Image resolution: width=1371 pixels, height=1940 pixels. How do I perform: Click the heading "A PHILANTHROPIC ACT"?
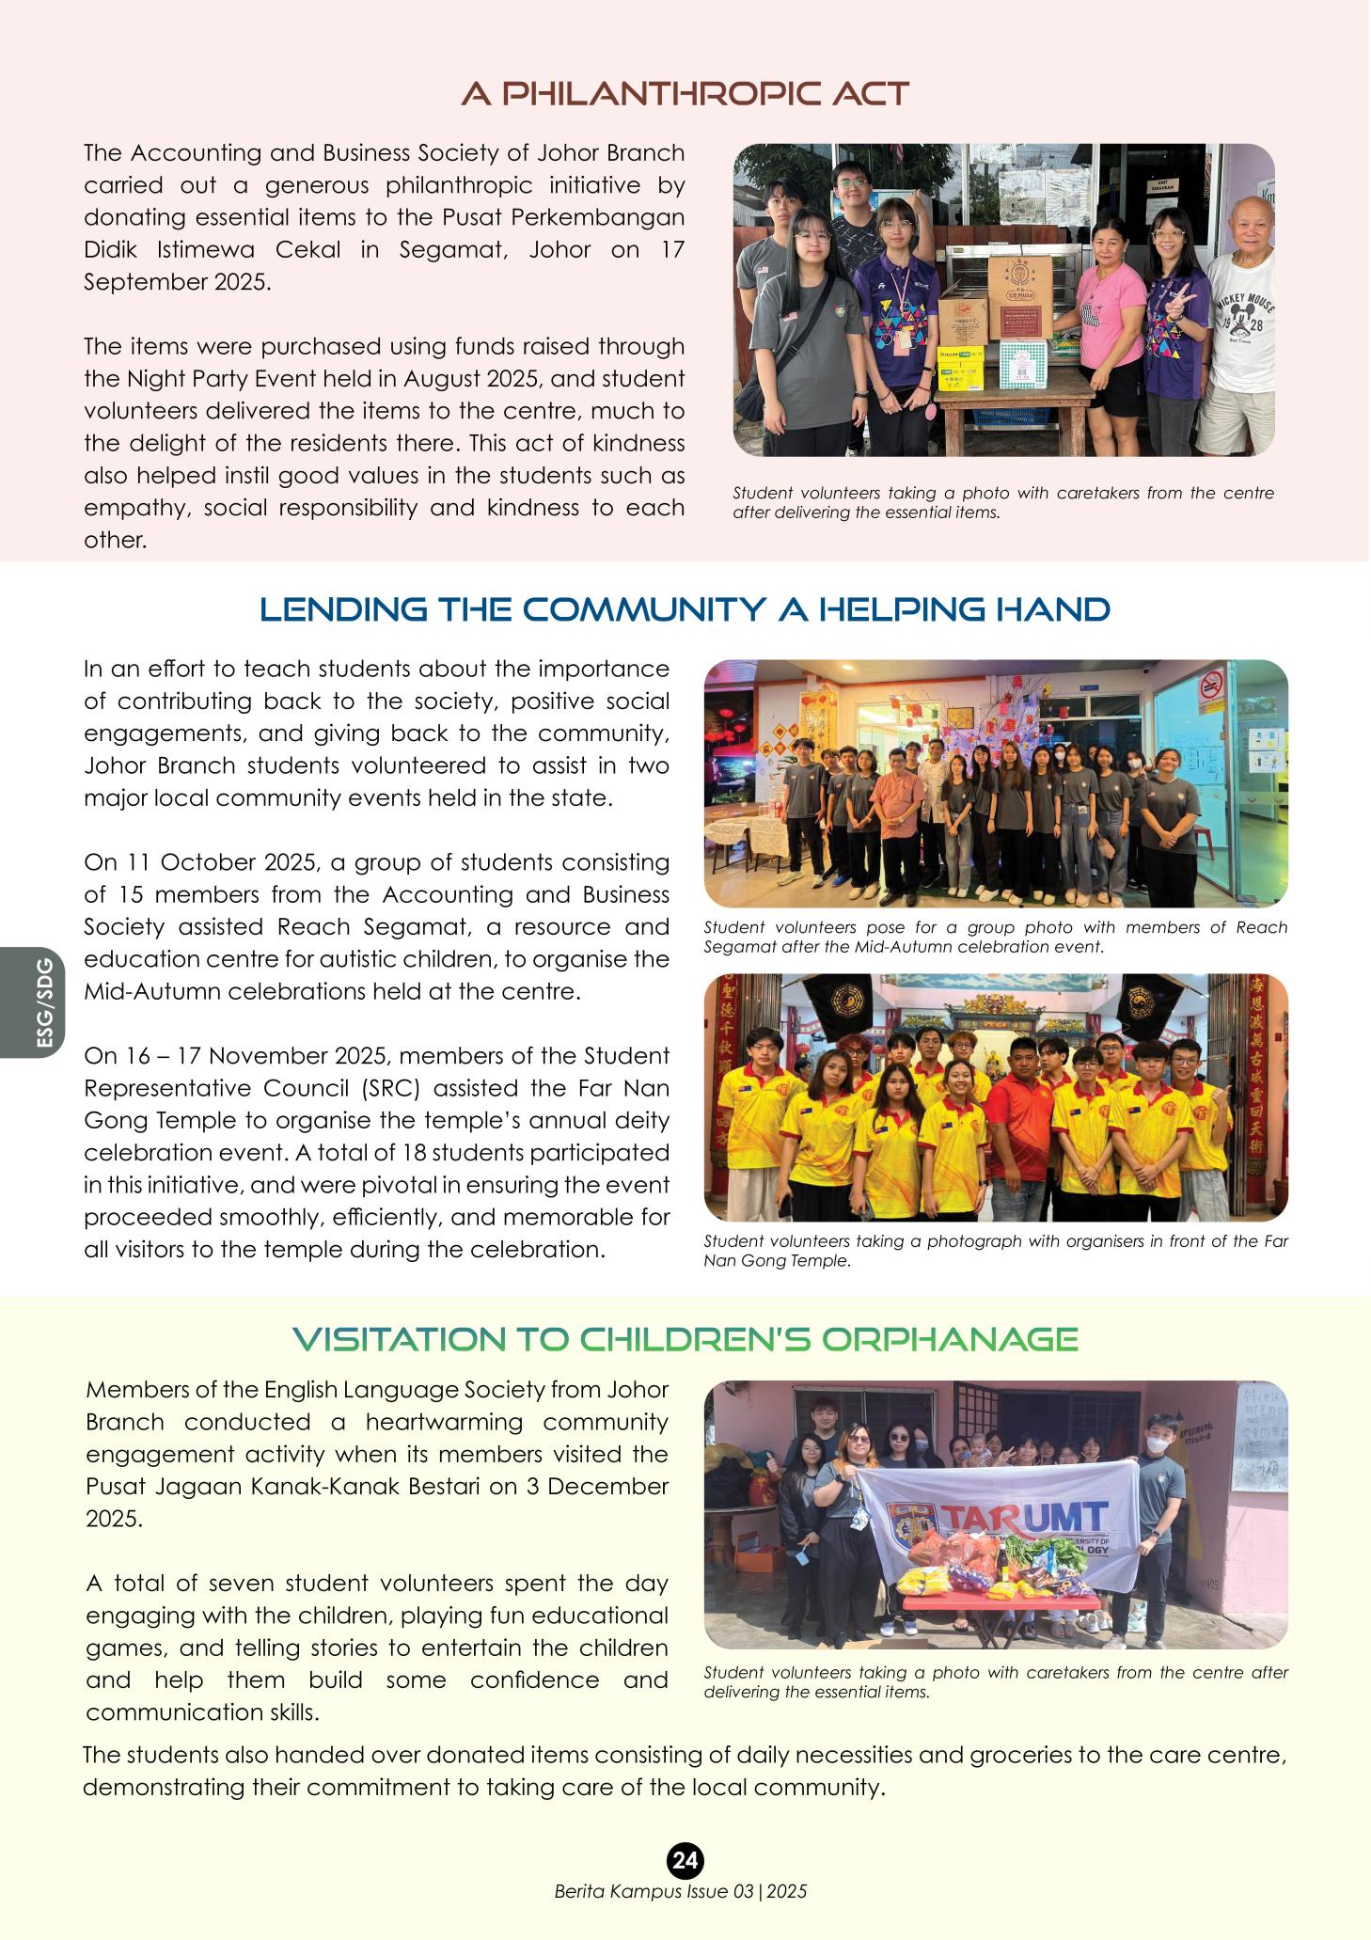click(685, 94)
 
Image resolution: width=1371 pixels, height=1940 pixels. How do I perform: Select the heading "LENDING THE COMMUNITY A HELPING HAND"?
click(685, 609)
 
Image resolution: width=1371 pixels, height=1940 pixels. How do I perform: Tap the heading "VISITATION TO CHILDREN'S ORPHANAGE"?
click(685, 1339)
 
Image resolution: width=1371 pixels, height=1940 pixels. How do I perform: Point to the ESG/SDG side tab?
click(44, 1002)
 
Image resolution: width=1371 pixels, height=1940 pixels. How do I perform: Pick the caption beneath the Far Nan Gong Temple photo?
click(995, 1251)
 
